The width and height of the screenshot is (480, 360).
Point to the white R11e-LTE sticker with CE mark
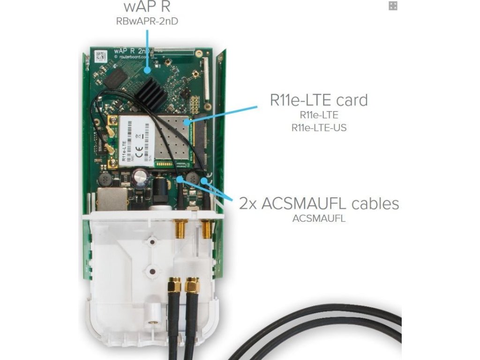point(136,141)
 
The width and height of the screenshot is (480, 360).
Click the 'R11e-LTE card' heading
point(319,100)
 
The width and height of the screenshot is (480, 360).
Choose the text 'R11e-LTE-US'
point(319,127)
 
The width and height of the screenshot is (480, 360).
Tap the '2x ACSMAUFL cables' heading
point(319,203)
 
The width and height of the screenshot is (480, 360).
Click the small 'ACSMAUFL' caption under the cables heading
point(319,218)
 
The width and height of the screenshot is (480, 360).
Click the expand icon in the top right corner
point(393,6)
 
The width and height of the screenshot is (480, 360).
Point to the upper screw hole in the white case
point(151,242)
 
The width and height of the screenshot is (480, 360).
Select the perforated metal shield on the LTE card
point(172,141)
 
